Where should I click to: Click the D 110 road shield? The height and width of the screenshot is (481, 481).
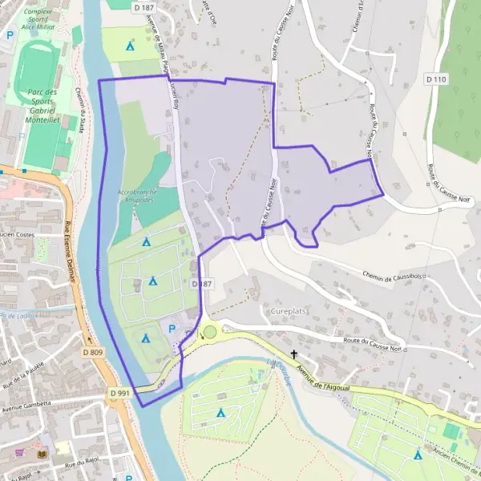pyautogui.click(x=436, y=79)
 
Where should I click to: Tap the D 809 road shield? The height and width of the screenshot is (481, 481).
pyautogui.click(x=93, y=352)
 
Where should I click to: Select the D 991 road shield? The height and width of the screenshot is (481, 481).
pyautogui.click(x=119, y=393)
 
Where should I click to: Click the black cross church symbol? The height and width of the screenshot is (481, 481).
pyautogui.click(x=293, y=354)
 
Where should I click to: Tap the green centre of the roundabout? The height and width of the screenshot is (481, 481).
pyautogui.click(x=210, y=332)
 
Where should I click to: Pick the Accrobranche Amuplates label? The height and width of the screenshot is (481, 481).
pyautogui.click(x=141, y=197)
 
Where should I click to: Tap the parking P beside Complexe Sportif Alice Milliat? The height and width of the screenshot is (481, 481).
pyautogui.click(x=10, y=35)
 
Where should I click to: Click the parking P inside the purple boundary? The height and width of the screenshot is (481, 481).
pyautogui.click(x=170, y=328)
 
